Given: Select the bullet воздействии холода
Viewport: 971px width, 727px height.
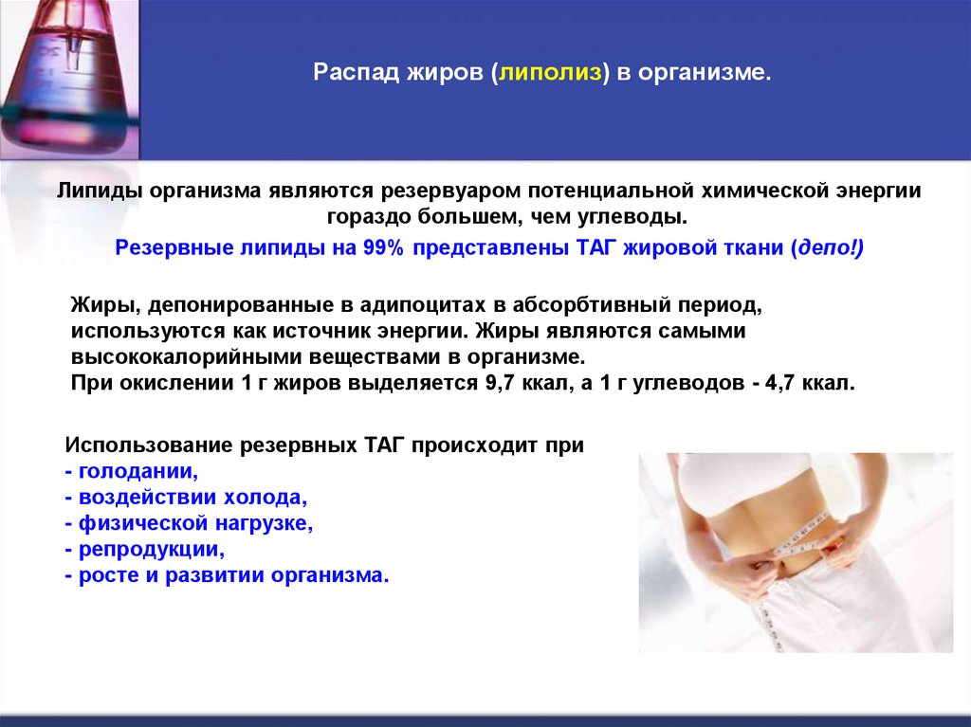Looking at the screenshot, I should [188, 497].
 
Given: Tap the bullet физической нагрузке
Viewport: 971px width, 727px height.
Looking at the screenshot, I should [189, 523].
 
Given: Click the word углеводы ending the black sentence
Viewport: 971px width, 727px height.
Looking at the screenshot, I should [641, 217].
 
